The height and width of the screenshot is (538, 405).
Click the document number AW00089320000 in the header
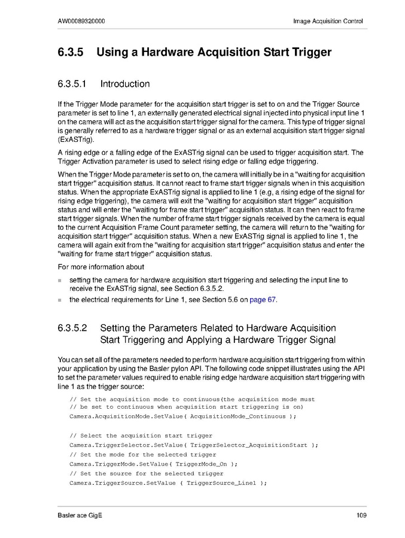coord(82,22)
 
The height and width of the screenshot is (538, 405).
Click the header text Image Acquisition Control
coord(328,22)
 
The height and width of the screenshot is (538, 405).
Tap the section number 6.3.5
coord(70,52)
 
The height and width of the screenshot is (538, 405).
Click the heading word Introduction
coord(125,84)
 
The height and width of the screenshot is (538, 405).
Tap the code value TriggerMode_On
coord(199,464)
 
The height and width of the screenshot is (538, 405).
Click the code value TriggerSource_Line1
coord(221,483)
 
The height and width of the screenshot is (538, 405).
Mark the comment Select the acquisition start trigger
coord(141,435)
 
